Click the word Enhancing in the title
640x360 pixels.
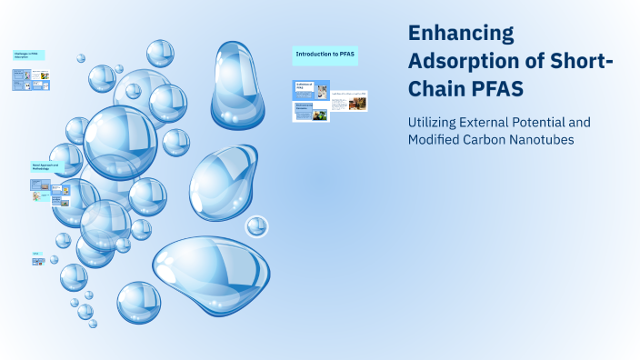pos(461,34)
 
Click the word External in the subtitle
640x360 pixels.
pos(501,121)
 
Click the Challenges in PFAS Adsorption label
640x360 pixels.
pos(29,55)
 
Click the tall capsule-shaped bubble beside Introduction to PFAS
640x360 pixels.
pos(237,84)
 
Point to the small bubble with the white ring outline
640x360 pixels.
pos(256,226)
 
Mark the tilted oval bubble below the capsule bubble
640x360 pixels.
pos(224,182)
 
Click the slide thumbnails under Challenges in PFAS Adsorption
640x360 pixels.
pos(33,83)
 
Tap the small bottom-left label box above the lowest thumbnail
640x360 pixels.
pos(37,253)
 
